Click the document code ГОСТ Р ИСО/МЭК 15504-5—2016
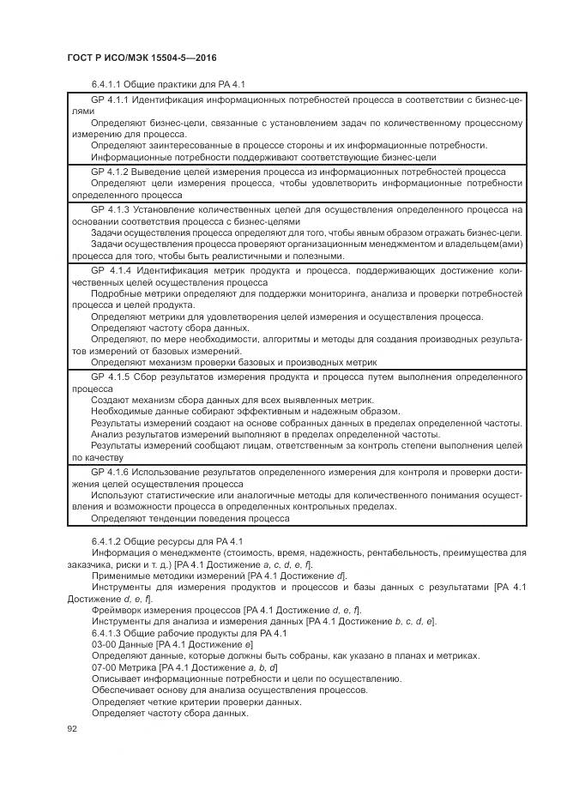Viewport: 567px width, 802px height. pos(141,57)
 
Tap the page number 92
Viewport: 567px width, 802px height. pos(72,728)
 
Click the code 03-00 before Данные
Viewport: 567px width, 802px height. pos(105,644)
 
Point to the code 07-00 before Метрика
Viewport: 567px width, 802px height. pos(105,667)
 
